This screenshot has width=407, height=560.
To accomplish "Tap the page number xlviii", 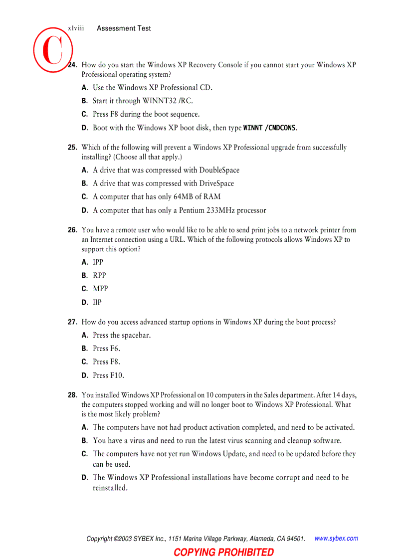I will [x=76, y=28].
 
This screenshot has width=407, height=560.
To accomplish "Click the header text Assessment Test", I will [x=124, y=28].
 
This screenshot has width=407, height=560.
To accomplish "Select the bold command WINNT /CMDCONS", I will [x=270, y=128].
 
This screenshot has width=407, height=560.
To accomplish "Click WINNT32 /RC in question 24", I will [x=168, y=101].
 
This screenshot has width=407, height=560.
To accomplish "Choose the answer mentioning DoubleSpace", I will [x=166, y=170].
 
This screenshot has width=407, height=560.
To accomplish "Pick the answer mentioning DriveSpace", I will [x=163, y=184].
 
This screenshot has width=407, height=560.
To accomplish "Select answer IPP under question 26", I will [x=98, y=262].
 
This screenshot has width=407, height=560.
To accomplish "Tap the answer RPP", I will [x=99, y=275].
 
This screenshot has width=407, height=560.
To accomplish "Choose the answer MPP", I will [x=100, y=289].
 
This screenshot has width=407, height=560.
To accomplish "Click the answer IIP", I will [x=97, y=302].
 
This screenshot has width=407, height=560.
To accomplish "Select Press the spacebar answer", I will [x=122, y=335].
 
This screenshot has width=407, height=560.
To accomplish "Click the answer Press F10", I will [x=108, y=375].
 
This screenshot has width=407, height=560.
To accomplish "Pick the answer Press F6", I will [x=106, y=349].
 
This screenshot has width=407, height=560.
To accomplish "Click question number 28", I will [x=72, y=395].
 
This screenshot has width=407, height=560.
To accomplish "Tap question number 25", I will [x=72, y=147].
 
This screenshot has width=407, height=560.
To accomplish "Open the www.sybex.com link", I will [x=336, y=539].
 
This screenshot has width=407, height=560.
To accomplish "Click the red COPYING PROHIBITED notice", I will [x=223, y=552].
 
